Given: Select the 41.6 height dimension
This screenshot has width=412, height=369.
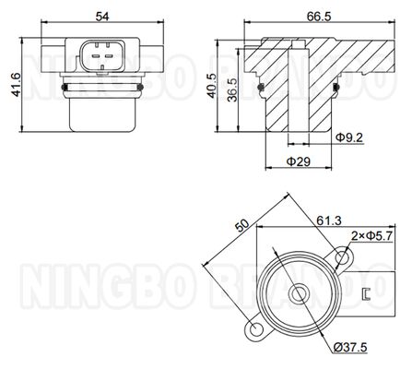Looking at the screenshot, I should click(11, 88).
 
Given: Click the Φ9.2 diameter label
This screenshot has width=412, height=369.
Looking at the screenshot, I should click(349, 137).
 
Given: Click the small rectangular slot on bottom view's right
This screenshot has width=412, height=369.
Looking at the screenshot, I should click(366, 294).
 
